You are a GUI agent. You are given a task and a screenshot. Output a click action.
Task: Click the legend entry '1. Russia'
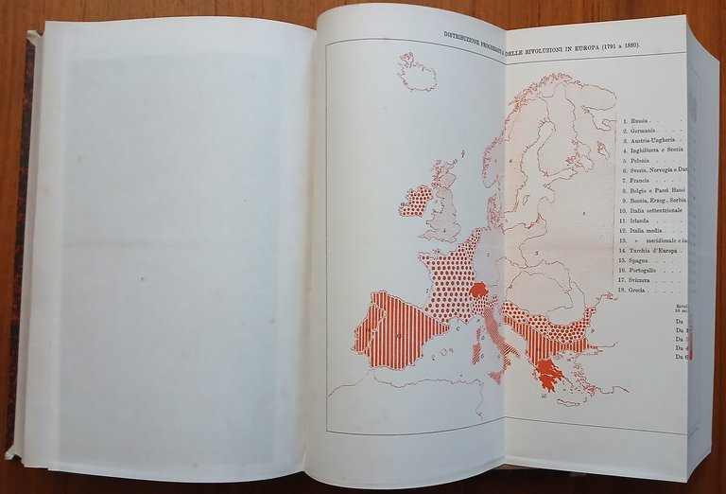point(635,121)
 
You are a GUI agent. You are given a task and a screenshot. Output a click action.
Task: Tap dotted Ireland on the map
point(414,201)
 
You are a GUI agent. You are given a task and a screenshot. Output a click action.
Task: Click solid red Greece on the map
point(546,371)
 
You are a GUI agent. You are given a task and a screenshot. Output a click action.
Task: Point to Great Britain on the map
point(444,203)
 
